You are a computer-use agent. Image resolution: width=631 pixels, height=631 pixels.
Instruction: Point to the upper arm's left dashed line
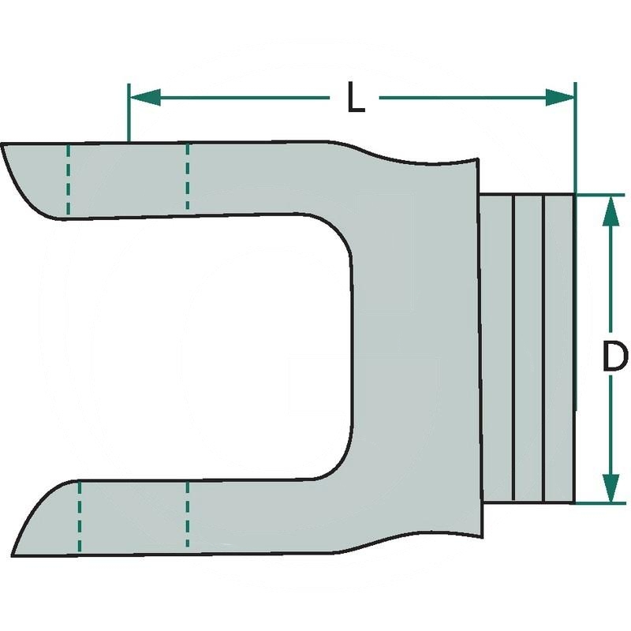(69, 181)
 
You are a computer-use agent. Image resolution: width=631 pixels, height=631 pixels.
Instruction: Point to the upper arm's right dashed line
(187, 177)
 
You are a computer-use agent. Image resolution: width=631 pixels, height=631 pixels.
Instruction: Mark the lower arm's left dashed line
(79, 517)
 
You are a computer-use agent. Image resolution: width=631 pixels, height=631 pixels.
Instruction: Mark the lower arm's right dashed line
(187, 517)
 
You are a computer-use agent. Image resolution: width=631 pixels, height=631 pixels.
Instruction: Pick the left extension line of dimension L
(128, 114)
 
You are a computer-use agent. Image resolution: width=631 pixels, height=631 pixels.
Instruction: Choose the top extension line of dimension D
(599, 193)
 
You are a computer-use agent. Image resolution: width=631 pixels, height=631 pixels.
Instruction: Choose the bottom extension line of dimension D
(599, 503)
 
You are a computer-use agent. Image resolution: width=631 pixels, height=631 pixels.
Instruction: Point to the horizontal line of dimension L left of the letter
(237, 97)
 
